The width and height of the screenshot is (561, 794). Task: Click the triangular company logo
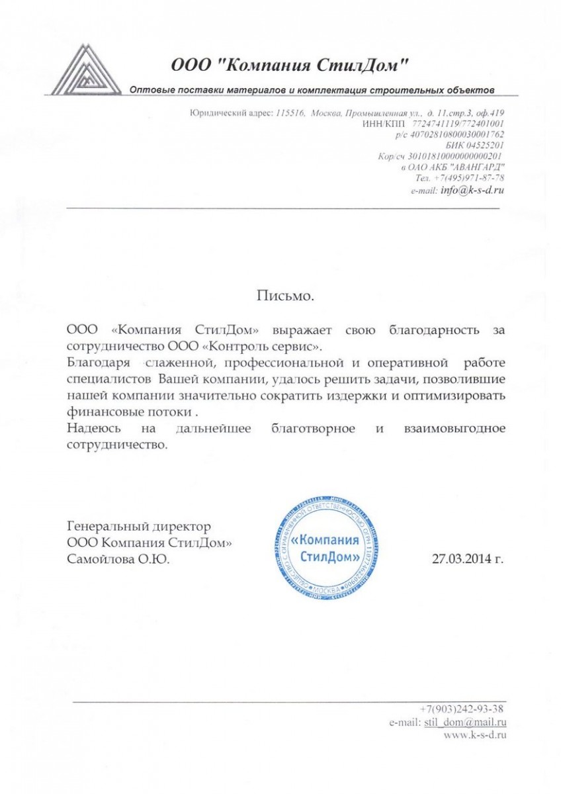point(87,70)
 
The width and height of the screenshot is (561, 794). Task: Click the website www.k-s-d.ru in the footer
point(475,734)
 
